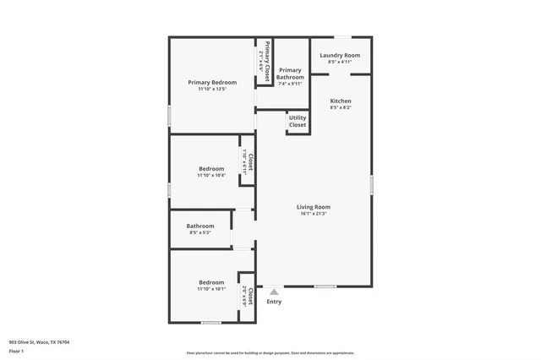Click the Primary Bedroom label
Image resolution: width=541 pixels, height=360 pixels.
click(211, 82)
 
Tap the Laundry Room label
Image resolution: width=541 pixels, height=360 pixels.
click(340, 56)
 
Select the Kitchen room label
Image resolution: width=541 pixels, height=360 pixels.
click(341, 101)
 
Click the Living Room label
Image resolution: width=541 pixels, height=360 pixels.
click(313, 207)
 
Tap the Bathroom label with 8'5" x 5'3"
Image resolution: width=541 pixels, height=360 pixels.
click(200, 226)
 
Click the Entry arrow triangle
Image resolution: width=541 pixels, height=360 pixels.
click(274, 292)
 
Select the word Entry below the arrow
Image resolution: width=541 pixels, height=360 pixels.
click(274, 302)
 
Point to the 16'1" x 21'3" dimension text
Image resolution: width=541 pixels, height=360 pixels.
click(313, 214)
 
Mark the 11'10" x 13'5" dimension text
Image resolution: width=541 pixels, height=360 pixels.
click(211, 89)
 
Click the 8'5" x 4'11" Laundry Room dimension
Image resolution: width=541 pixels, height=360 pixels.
click(340, 63)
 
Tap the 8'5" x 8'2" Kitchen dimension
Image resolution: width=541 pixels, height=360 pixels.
click(341, 107)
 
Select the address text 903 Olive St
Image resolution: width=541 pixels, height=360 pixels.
click(39, 342)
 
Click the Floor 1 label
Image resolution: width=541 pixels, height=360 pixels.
click(16, 350)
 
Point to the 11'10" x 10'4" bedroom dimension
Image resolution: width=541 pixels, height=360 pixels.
click(211, 176)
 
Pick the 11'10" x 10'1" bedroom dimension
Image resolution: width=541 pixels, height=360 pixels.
click(211, 289)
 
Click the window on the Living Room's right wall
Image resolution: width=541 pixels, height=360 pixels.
click(371, 185)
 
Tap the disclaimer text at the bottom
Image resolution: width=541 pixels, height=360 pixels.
click(270, 353)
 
